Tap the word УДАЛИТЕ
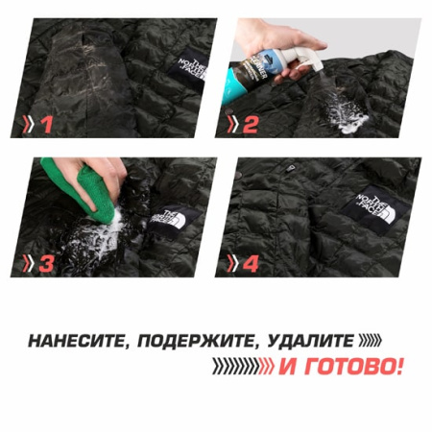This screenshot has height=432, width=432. (x=305, y=341)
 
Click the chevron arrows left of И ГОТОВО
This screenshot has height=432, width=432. (x=242, y=367)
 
